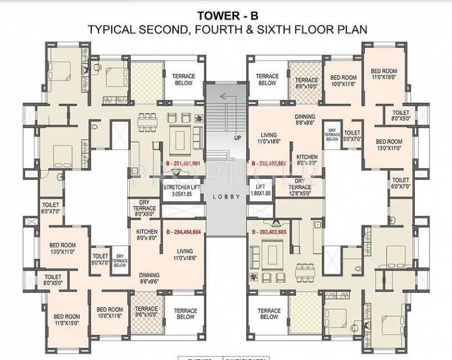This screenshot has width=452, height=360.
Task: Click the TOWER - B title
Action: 225,13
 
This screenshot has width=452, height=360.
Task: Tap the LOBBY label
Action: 226,197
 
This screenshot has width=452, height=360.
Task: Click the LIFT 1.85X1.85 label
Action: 260,190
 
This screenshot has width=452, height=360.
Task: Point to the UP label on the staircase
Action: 237,138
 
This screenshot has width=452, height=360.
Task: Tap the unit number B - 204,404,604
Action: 183,232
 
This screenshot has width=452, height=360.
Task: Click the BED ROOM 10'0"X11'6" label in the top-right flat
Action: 343,81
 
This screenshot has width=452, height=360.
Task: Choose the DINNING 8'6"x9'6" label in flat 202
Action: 305,120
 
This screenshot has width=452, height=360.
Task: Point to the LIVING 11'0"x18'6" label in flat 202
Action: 268,137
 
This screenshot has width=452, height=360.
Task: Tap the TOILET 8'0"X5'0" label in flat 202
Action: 401,115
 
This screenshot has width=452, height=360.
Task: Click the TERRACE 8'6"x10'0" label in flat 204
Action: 146,312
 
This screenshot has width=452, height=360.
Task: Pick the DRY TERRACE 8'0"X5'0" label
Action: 145,210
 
